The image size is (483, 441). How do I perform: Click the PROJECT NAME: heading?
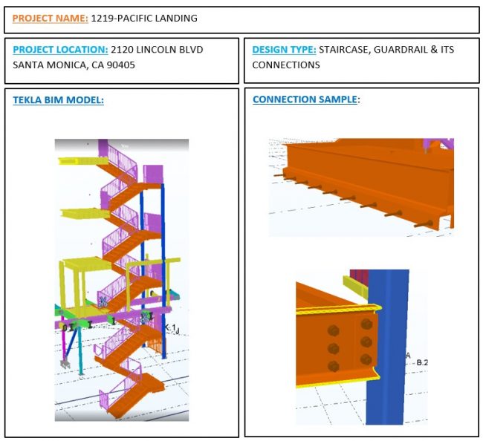pos(51,19)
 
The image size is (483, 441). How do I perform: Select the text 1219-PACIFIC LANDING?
pos(144,18)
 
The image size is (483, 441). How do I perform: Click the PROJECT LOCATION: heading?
pos(60,50)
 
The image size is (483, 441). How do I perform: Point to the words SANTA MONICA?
pos(51,65)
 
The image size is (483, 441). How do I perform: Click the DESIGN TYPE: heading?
pos(284,50)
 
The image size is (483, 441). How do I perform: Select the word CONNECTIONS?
pos(286,65)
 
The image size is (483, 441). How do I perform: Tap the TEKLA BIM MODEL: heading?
pos(58,100)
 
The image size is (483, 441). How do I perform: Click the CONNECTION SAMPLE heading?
pos(305,99)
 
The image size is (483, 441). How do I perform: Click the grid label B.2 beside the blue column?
pos(422,362)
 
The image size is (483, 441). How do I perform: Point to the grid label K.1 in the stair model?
pos(171,328)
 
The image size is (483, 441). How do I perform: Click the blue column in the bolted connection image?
pos(387,347)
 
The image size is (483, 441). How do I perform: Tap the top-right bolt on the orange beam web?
pos(366,324)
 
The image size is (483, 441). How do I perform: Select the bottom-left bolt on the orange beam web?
pos(334,367)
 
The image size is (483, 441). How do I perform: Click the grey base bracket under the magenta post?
pos(65,364)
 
